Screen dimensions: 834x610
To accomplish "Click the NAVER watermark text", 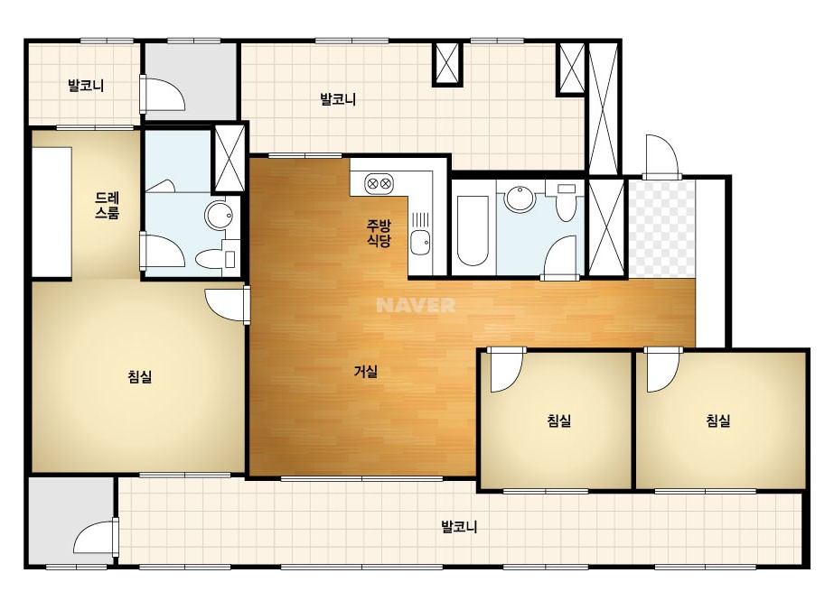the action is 416,305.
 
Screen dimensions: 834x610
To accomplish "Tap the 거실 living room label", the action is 366,372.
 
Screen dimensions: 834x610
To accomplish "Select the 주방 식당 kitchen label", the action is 379,234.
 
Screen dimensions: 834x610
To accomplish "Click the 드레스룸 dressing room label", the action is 107,206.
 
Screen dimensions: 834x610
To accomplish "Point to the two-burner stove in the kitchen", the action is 379,184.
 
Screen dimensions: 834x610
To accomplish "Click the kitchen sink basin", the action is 421,244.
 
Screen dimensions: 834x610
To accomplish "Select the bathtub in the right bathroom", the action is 473,231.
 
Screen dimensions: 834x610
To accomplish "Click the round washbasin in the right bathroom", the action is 520,199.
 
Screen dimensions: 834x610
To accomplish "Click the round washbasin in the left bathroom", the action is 219,216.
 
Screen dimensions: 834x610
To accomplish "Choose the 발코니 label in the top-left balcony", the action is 86,85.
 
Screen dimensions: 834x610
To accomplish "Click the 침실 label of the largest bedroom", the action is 140,376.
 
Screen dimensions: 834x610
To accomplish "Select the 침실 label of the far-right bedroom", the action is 718,421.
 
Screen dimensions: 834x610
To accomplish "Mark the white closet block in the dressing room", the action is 52,211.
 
